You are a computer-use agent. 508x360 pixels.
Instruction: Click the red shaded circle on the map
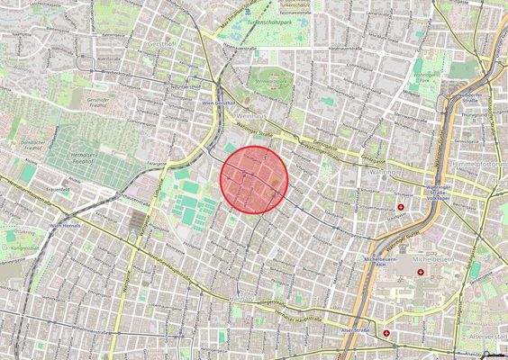[x=255, y=178]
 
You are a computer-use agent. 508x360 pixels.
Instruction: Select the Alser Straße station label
[x=356, y=330]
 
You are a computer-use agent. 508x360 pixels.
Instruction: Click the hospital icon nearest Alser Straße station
[x=387, y=332]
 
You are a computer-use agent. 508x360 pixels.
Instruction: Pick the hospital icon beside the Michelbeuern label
[x=421, y=273]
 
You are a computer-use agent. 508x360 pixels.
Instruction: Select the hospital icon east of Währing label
[x=400, y=208]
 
